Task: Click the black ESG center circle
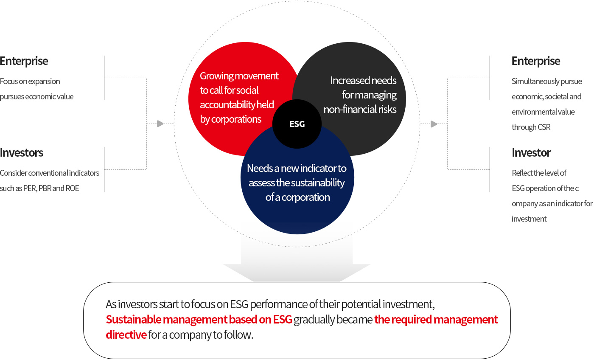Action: (x=297, y=124)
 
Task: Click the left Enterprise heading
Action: (x=24, y=61)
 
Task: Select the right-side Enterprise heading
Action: (x=535, y=61)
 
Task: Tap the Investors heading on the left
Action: (x=22, y=153)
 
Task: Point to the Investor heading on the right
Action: (x=531, y=153)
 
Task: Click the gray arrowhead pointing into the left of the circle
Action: (x=160, y=124)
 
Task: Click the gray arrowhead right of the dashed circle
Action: (x=434, y=124)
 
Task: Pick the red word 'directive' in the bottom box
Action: (x=126, y=335)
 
